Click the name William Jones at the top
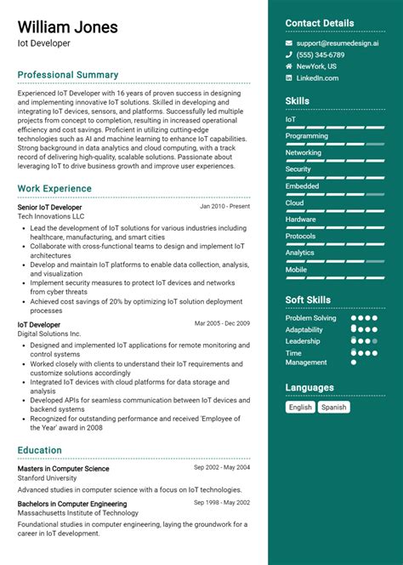pyautogui.click(x=68, y=27)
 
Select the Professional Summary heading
pyautogui.click(x=68, y=75)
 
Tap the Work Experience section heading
pyautogui.click(x=54, y=189)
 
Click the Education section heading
pyautogui.click(x=40, y=450)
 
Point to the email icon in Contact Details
pyautogui.click(x=289, y=42)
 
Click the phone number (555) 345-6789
pyautogui.click(x=320, y=54)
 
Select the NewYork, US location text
pyautogui.click(x=316, y=66)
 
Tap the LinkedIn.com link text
pyautogui.click(x=317, y=78)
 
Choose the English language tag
pyautogui.click(x=300, y=408)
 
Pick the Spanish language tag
pyautogui.click(x=333, y=408)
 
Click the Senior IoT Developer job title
pyautogui.click(x=50, y=207)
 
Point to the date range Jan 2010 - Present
pyautogui.click(x=224, y=207)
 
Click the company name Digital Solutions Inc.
pyautogui.click(x=49, y=334)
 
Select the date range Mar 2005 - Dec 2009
pyautogui.click(x=222, y=324)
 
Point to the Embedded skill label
pyautogui.click(x=302, y=186)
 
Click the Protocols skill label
pyautogui.click(x=300, y=236)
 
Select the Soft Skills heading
pyautogui.click(x=308, y=300)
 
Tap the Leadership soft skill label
pyautogui.click(x=303, y=341)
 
